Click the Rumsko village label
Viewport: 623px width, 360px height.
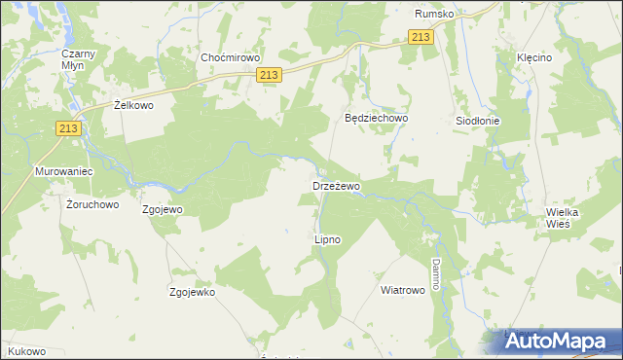(433, 15)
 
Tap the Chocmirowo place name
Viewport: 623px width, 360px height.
(227, 57)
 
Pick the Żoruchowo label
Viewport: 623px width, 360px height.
(92, 205)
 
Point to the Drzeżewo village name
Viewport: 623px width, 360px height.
(337, 185)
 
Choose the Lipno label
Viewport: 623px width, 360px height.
(327, 238)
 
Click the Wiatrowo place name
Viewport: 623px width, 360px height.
(403, 290)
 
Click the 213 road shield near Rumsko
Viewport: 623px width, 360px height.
(421, 37)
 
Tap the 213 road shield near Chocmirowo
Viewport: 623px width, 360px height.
(271, 75)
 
